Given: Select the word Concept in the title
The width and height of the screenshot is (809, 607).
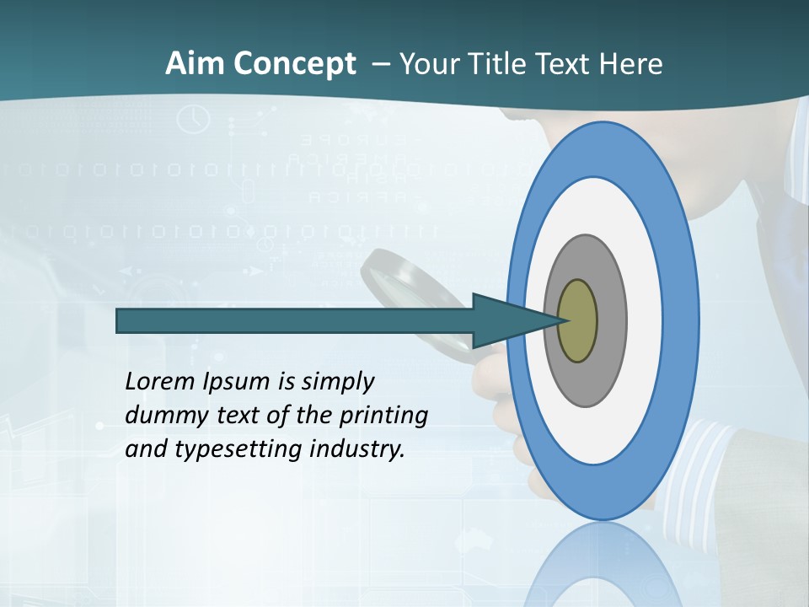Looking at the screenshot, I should (294, 65).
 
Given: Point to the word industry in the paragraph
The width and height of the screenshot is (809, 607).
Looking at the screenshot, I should (357, 449).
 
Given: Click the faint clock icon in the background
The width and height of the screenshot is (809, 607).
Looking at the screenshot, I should (193, 119).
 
